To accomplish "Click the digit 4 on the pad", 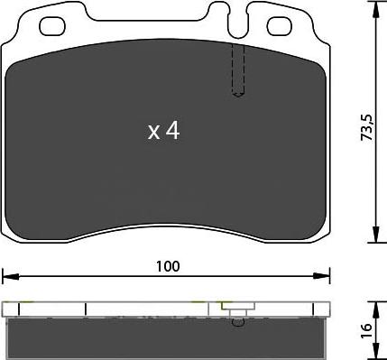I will tap(171, 132).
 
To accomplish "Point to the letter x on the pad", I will tap(153, 133).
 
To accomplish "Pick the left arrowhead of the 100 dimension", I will tap(7, 274).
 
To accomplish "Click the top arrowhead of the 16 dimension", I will tap(374, 305).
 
